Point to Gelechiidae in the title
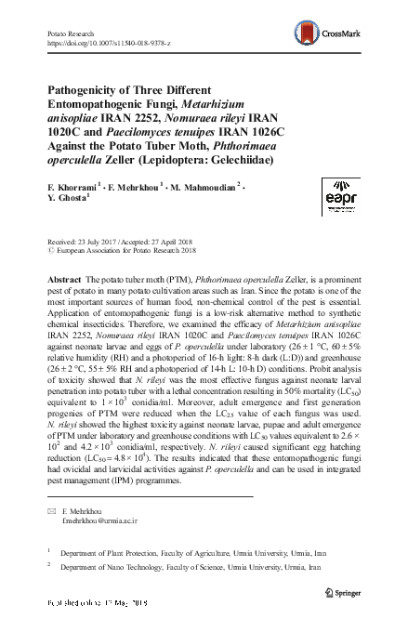pyautogui.click(x=240, y=159)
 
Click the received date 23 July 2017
pyautogui.click(x=97, y=238)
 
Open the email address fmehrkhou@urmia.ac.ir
pyautogui.click(x=101, y=521)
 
